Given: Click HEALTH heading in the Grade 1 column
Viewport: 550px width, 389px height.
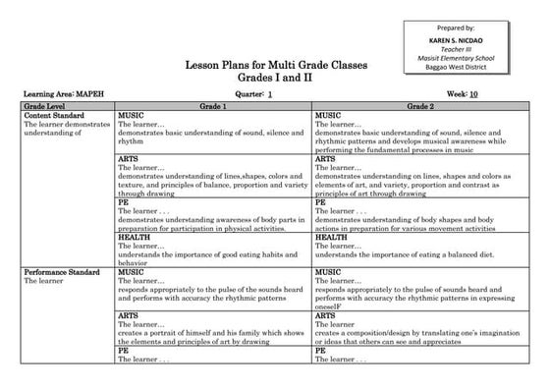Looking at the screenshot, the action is click(x=134, y=237).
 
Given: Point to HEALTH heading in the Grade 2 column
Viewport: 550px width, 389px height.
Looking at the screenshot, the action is click(x=331, y=237).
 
